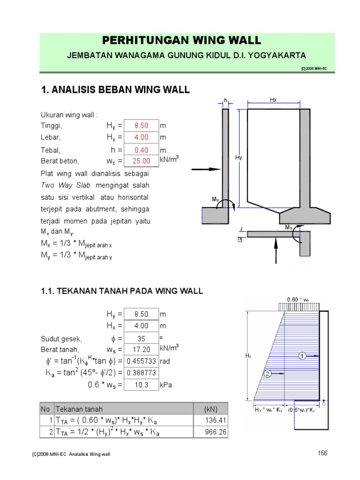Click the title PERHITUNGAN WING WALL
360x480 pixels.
tap(181, 40)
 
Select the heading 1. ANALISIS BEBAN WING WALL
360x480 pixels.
tap(116, 90)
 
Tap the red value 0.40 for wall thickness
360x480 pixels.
tap(141, 150)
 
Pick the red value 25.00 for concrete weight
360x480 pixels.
tap(141, 161)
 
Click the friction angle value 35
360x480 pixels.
tap(141, 338)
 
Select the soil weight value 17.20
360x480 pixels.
tap(141, 350)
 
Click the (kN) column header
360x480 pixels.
tap(210, 409)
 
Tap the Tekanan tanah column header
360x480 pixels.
tap(79, 409)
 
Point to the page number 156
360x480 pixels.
tap(322, 453)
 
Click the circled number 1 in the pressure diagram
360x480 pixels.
tap(303, 356)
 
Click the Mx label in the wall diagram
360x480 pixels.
tap(289, 227)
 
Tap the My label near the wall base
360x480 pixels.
tap(216, 199)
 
